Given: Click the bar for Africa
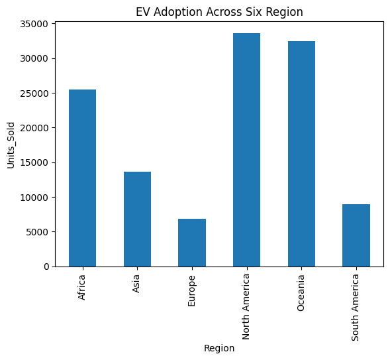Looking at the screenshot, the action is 82,178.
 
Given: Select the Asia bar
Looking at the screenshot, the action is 137,219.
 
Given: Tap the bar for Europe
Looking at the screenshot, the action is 192,243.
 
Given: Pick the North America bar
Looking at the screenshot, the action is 247,150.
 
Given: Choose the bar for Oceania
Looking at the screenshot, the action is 301,154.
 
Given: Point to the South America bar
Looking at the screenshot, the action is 356,235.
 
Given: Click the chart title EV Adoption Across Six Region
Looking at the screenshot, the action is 219,12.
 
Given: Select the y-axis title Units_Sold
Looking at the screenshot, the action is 11,145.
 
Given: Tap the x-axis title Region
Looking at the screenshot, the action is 219,348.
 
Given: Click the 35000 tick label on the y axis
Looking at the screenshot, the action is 34,24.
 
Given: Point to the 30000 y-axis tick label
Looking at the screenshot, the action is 34,59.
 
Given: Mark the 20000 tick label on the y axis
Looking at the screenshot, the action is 34,128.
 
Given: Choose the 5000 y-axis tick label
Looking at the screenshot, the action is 37,232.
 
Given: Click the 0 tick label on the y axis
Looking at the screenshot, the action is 46,267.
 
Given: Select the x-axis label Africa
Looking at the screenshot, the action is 81,287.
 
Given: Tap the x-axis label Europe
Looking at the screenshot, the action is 191,290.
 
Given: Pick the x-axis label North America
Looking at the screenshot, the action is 246,307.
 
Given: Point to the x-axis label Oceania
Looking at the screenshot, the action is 301,293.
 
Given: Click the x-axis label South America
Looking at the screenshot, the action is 355,307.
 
